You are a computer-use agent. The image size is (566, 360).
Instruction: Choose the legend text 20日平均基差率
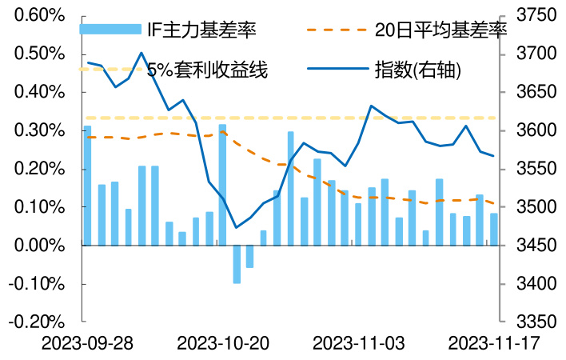coord(441,31)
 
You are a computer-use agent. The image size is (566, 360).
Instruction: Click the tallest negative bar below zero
coord(237,264)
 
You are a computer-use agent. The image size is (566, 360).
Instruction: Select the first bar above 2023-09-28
coord(88,186)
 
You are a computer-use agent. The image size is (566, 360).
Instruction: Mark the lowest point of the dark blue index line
coord(236,227)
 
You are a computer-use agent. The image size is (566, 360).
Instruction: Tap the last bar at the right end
coord(493,230)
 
